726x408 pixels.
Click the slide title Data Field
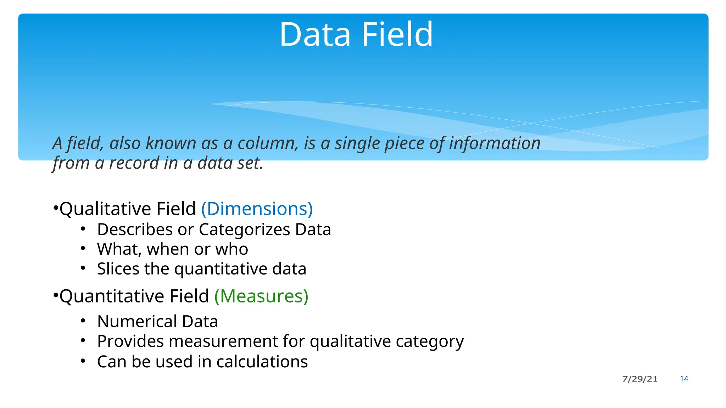356,34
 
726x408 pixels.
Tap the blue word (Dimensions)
257,209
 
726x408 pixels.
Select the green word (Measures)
261,296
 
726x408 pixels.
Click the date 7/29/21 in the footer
640,379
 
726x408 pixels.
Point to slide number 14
684,379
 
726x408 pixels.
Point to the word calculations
262,362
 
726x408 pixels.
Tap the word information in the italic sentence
495,143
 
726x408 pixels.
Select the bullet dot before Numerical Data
83,321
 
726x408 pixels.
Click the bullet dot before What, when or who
83,249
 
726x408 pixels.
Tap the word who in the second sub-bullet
232,249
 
